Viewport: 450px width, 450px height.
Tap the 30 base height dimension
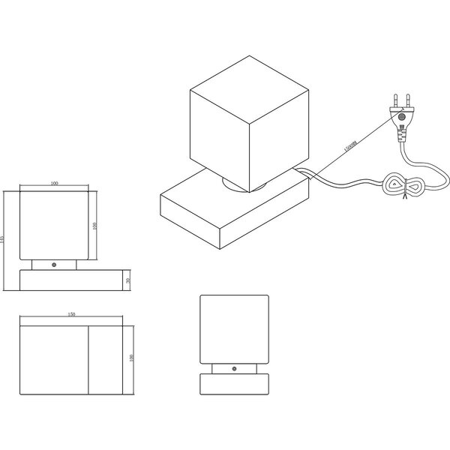pyautogui.click(x=128, y=280)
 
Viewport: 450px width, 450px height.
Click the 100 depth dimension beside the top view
pyautogui.click(x=132, y=358)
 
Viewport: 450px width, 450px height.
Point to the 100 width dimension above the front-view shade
pyautogui.click(x=55, y=183)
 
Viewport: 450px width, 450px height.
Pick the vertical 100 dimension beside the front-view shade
pyautogui.click(x=95, y=226)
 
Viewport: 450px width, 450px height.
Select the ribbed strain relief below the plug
pyautogui.click(x=403, y=135)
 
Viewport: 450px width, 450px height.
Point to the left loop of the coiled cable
pyautogui.click(x=392, y=182)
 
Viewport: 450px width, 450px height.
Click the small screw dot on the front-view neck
pyautogui.click(x=54, y=265)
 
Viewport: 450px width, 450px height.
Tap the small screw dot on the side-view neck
pyautogui.click(x=233, y=369)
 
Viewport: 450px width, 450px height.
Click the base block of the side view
pyautogui.click(x=233, y=384)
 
